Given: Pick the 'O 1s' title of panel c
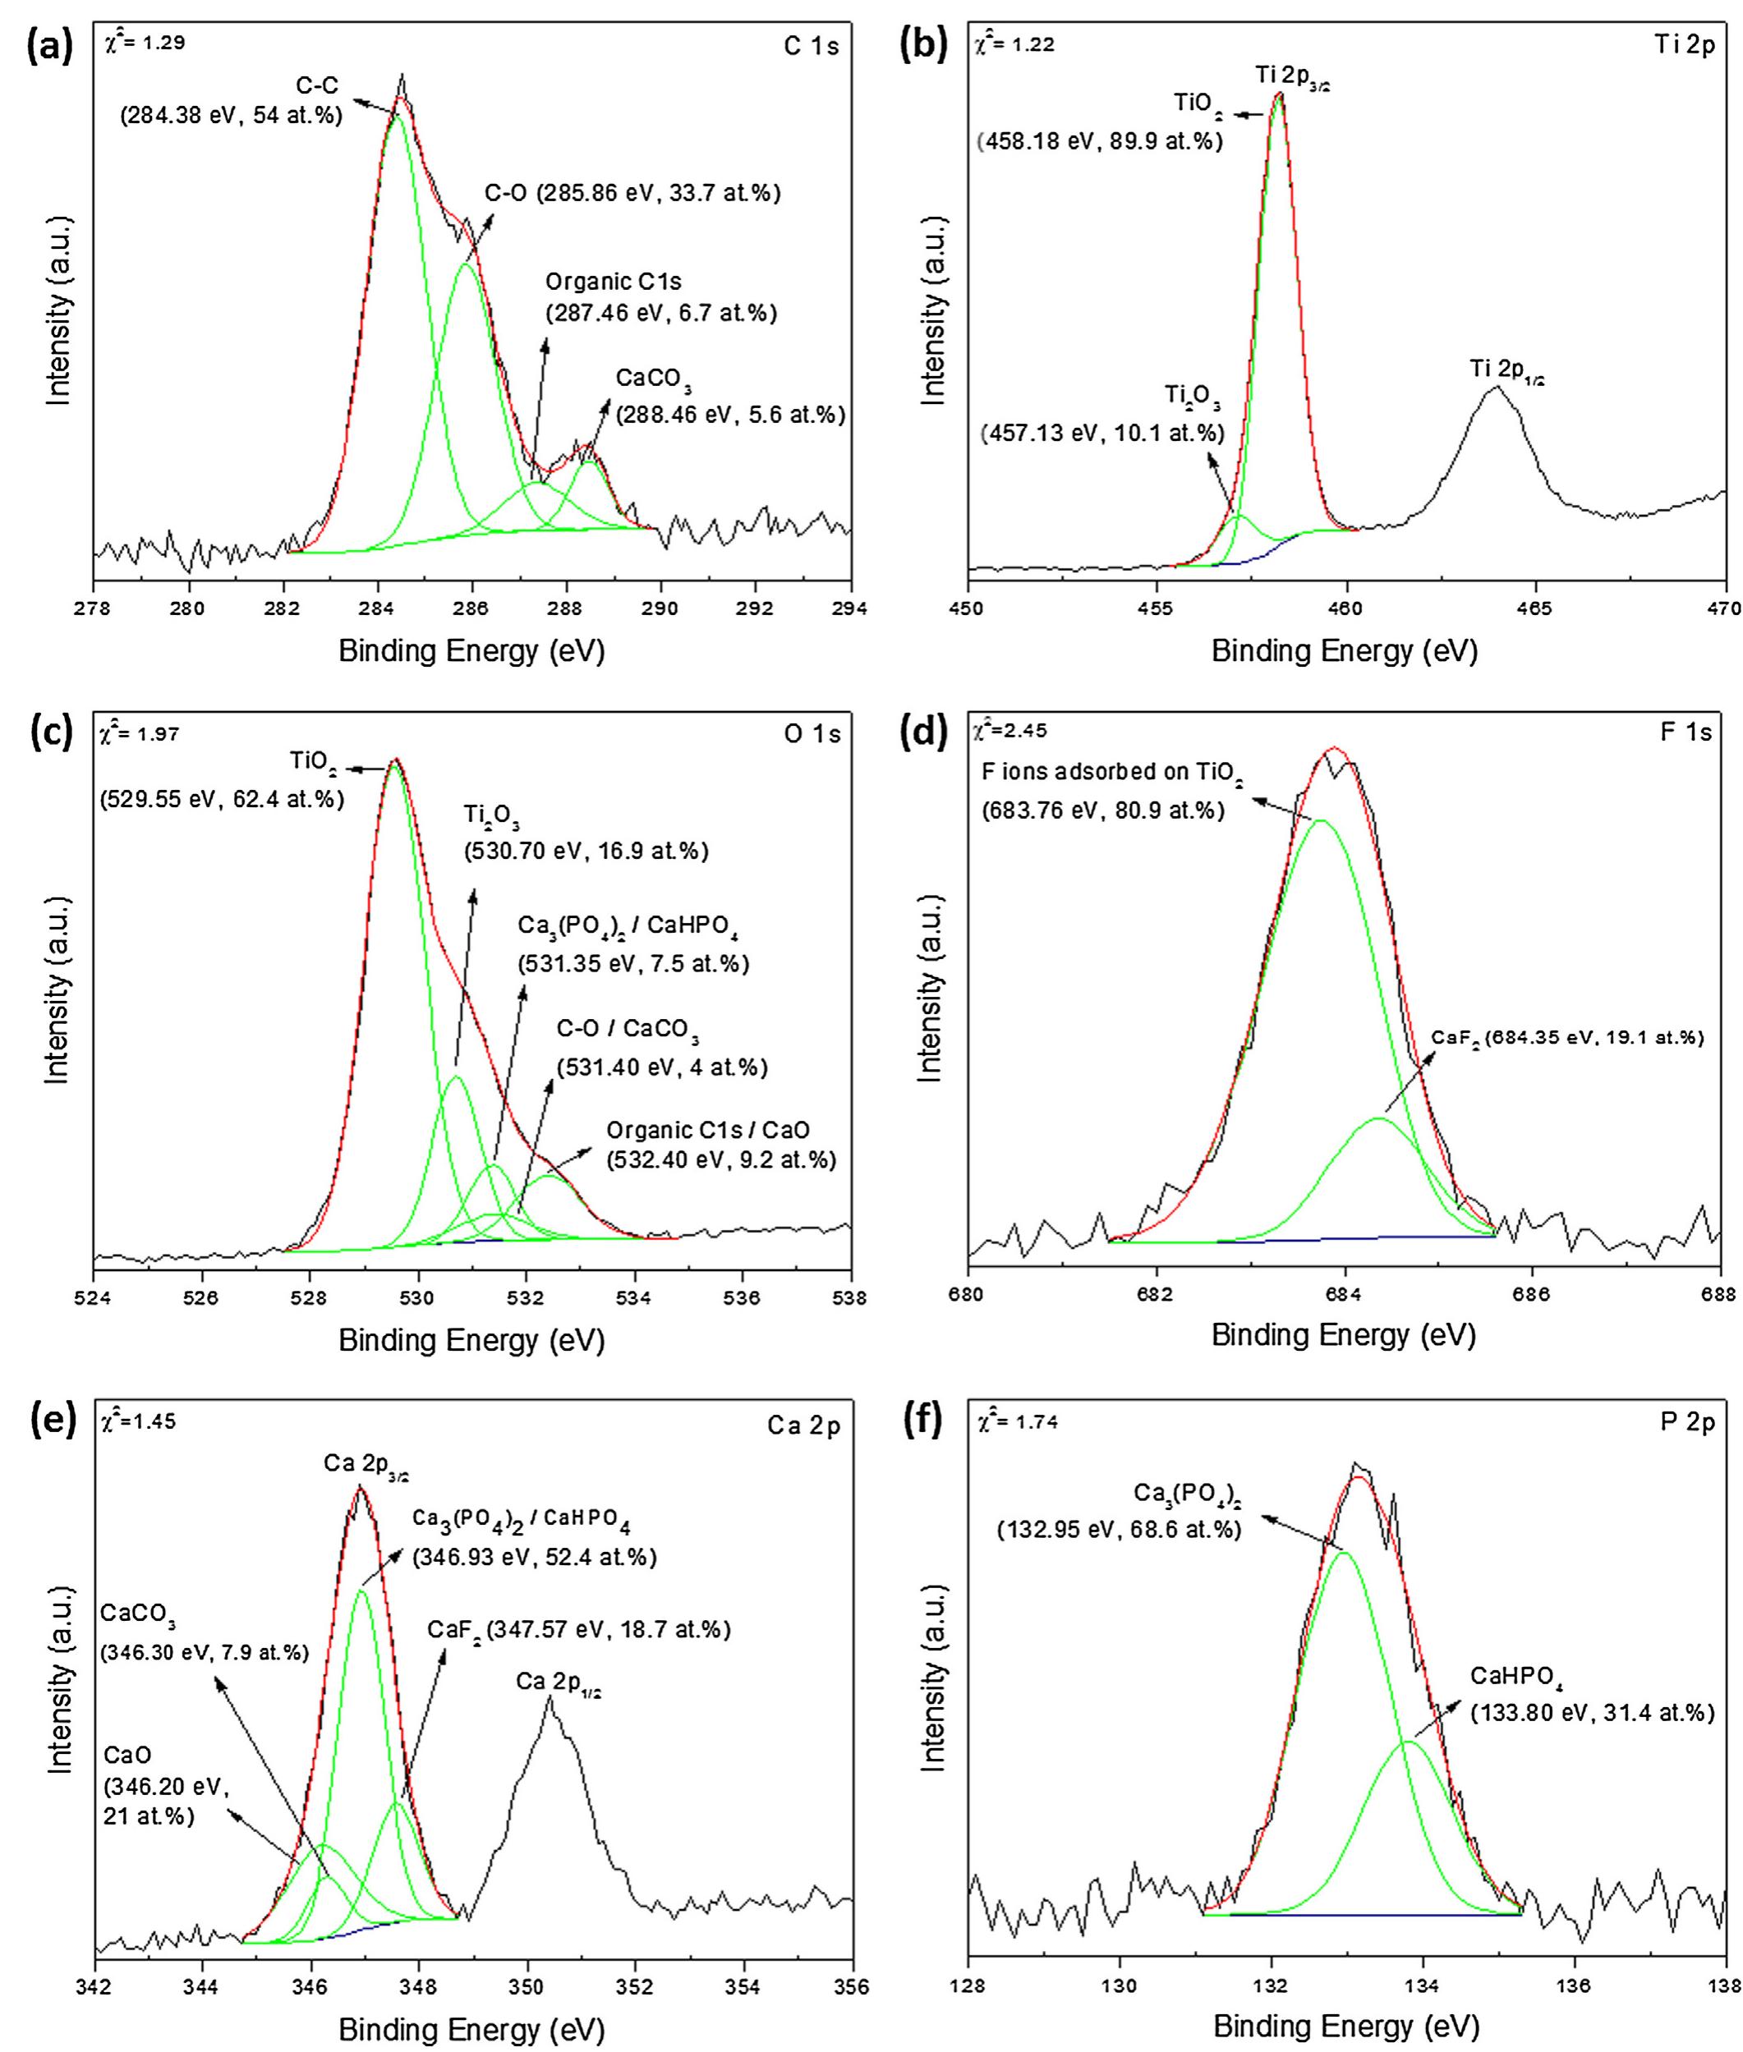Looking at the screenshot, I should (812, 733).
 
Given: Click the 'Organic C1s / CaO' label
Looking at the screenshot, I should (707, 1130).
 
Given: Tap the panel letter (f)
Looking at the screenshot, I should (921, 1424).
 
